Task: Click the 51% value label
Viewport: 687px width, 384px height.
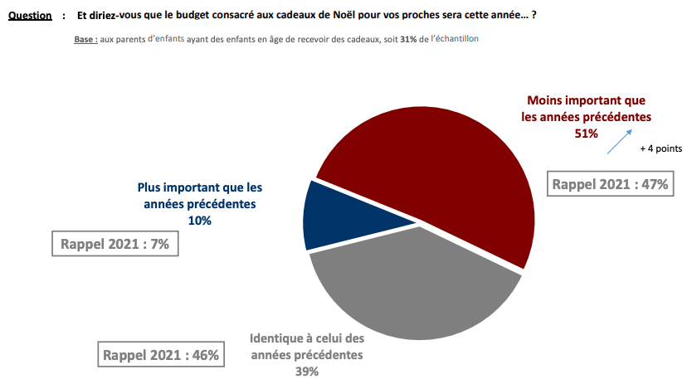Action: point(586,133)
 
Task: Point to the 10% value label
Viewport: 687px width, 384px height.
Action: point(199,221)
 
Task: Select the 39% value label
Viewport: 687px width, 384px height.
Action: point(306,372)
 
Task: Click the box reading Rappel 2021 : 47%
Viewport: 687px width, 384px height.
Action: point(608,184)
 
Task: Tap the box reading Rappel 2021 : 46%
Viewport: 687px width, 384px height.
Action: point(160,355)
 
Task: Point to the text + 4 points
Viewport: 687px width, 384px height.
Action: point(660,149)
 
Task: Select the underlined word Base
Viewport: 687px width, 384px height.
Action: point(84,40)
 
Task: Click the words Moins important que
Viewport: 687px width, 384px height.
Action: point(586,101)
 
